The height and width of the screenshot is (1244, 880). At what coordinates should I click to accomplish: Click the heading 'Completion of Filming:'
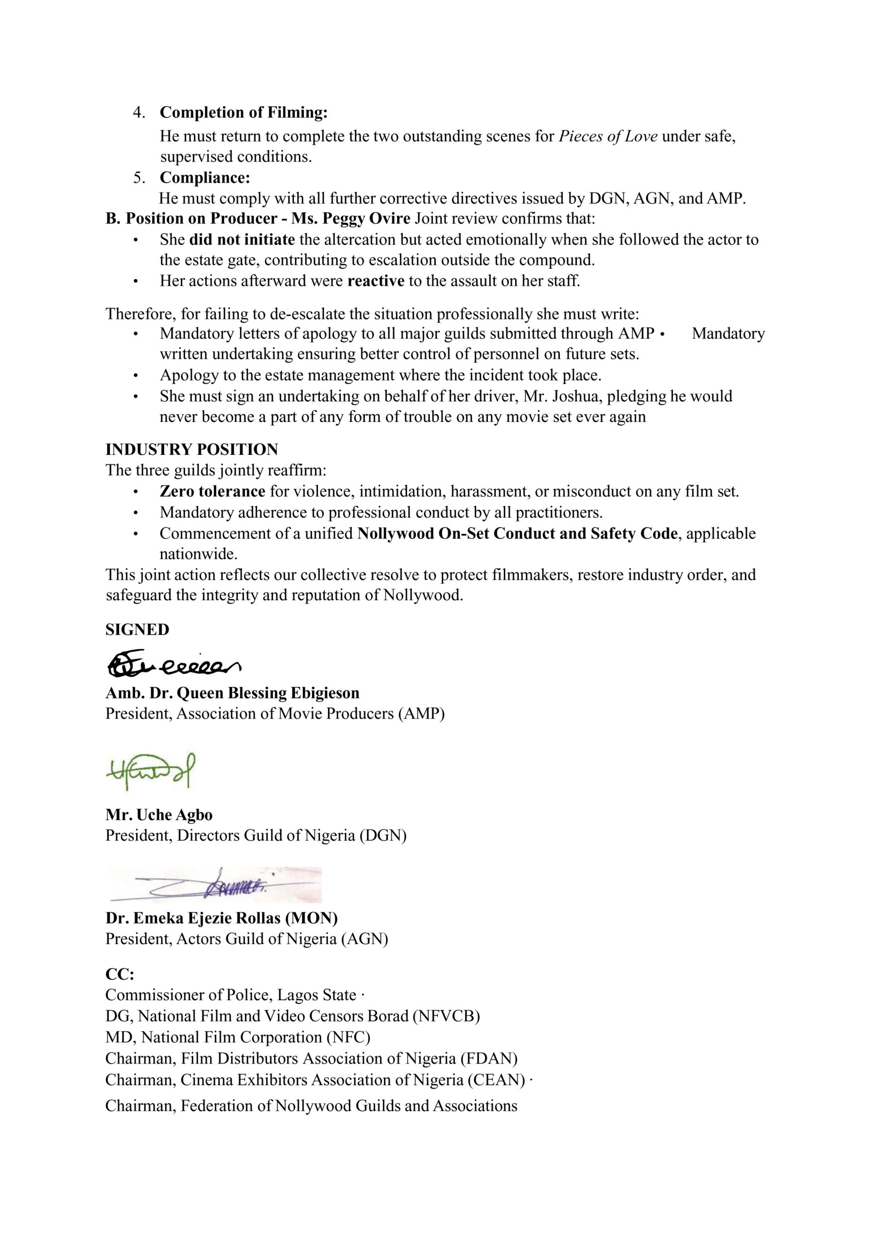point(243,112)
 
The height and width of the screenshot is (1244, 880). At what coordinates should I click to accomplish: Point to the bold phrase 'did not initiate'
point(242,240)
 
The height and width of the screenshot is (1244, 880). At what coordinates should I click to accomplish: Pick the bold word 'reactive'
point(376,281)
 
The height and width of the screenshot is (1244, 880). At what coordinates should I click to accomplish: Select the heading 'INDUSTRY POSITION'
point(192,449)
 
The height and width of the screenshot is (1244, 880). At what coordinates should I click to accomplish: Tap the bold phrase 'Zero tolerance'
point(212,491)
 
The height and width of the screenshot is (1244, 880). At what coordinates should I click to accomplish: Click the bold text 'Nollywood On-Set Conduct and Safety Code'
point(517,534)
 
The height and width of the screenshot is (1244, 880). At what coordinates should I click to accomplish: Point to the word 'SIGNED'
point(137,630)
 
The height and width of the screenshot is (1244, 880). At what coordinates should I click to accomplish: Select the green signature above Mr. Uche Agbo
point(151,771)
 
